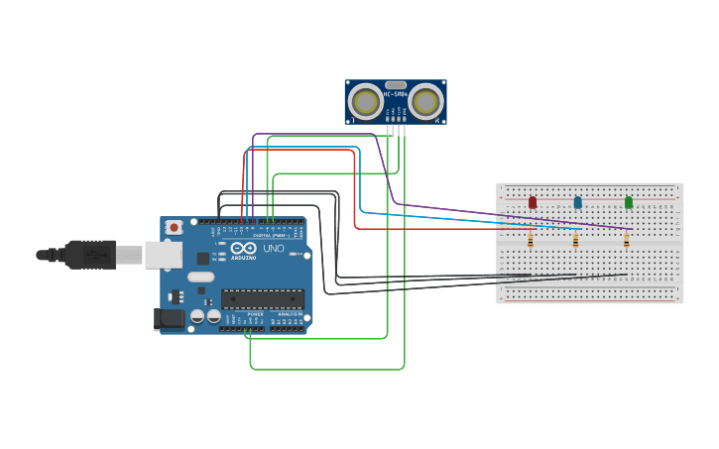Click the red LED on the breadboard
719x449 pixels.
[x=533, y=202]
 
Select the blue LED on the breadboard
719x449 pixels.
[x=578, y=202]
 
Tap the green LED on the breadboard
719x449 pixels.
[x=629, y=202]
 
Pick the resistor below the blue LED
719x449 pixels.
[x=575, y=240]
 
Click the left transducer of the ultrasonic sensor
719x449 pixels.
[x=366, y=101]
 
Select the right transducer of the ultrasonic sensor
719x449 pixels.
[x=425, y=101]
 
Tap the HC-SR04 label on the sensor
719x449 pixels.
[x=396, y=94]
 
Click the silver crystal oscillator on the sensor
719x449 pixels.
[x=396, y=85]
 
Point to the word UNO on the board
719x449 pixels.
[x=273, y=249]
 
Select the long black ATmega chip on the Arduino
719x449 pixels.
[x=263, y=298]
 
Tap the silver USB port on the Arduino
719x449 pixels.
[x=162, y=255]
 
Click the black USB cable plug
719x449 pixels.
[x=89, y=255]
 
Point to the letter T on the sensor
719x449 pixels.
[x=354, y=120]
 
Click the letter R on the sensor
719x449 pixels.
[x=437, y=120]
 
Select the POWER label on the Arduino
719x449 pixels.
[x=255, y=313]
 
